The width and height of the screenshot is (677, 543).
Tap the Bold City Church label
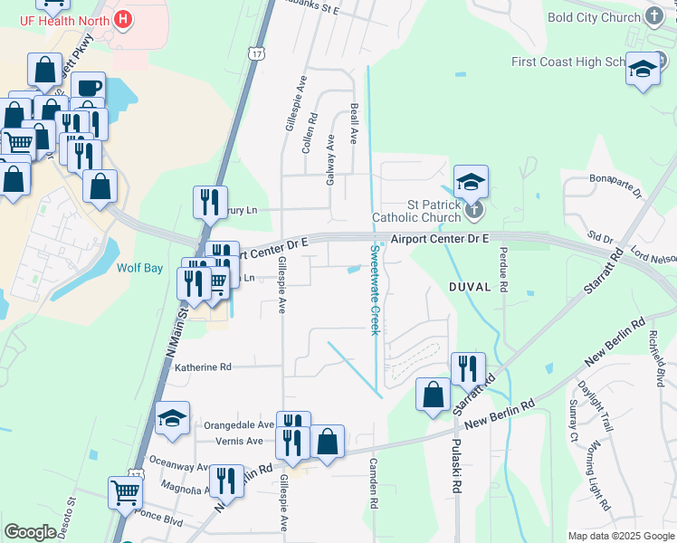tap(594, 17)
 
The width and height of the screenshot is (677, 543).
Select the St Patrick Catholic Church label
tap(417, 211)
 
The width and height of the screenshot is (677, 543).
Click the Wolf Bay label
tap(139, 267)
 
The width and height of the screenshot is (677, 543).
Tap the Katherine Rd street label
tap(204, 367)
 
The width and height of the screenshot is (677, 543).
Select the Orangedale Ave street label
tap(239, 424)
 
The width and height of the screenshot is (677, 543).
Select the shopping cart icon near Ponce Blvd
tap(125, 492)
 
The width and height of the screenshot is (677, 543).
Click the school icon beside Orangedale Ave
tap(172, 417)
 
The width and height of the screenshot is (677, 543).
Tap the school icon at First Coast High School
tap(642, 69)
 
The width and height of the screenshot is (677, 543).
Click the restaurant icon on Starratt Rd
tap(468, 367)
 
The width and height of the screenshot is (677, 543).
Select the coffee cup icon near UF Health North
tap(88, 87)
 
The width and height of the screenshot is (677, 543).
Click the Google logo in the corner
tap(30, 532)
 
